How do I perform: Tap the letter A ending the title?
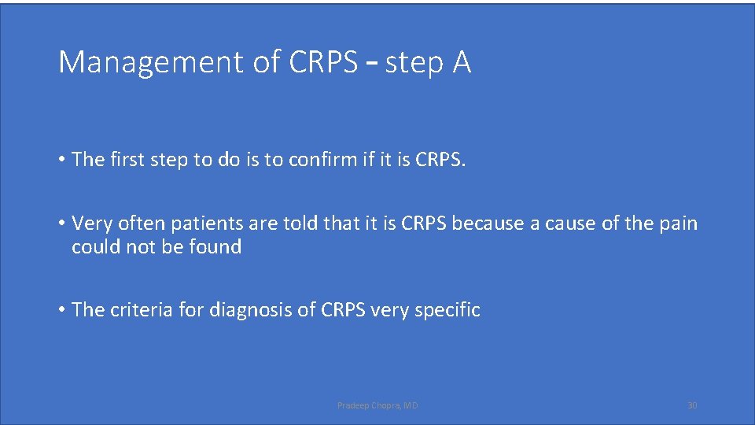coord(462,62)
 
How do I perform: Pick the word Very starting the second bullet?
coord(90,224)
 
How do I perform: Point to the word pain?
coord(679,224)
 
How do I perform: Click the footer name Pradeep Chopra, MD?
coord(377,405)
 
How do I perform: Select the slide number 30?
coord(692,405)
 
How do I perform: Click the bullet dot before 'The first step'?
coord(61,161)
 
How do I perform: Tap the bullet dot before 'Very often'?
coord(61,224)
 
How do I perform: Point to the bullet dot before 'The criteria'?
coord(61,311)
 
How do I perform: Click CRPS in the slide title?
coord(323,62)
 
